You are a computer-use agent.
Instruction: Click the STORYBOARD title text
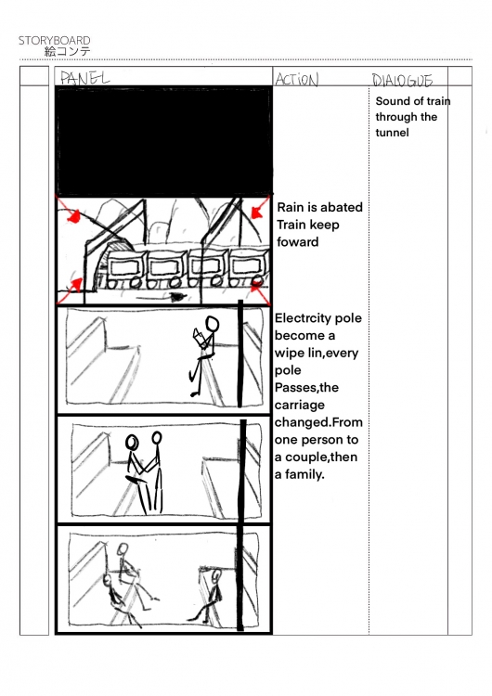54,41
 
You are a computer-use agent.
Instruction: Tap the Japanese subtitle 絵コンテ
68,51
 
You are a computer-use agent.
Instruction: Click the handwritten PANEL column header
84,78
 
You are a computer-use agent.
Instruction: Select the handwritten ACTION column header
297,80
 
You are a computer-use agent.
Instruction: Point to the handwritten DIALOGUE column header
402,81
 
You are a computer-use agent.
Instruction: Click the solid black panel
164,141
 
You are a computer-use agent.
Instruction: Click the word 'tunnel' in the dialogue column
392,133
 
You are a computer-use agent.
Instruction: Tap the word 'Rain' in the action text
291,207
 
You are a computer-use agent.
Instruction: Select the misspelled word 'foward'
297,242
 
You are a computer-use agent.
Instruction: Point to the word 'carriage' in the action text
299,406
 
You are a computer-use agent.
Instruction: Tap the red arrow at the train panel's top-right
260,206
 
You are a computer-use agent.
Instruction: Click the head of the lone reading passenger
213,323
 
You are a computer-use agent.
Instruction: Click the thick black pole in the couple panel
243,471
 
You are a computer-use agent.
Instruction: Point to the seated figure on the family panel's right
209,595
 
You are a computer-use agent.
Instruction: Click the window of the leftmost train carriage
125,267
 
